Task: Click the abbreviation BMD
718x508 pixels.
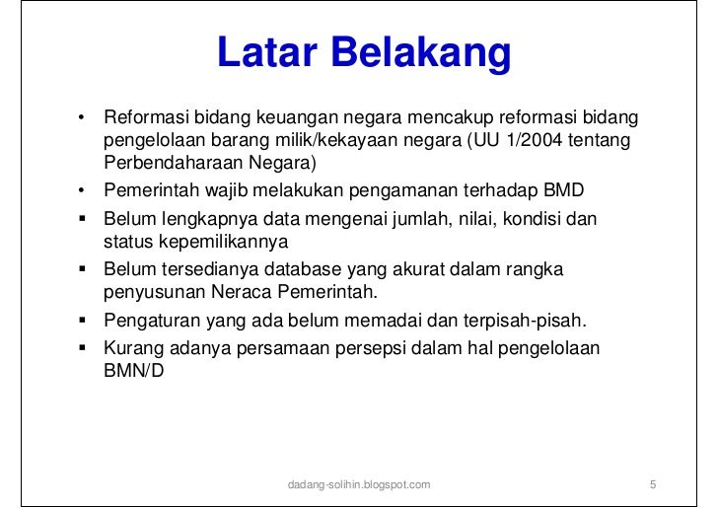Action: click(x=564, y=190)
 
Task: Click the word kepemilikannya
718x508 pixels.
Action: click(x=220, y=241)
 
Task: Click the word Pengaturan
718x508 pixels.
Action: click(x=151, y=320)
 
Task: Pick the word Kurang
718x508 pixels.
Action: click(x=133, y=348)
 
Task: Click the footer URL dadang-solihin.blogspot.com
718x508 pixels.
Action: click(x=357, y=485)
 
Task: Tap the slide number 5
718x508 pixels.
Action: click(x=653, y=485)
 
